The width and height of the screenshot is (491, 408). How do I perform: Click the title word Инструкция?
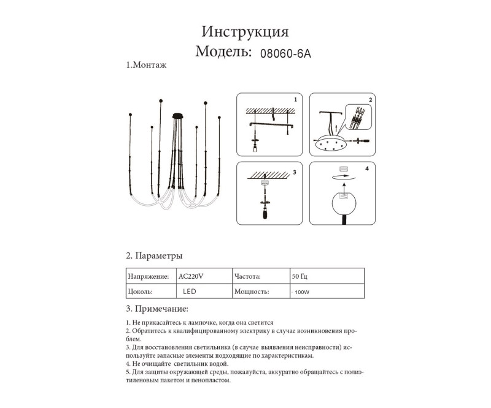pyautogui.click(x=245, y=32)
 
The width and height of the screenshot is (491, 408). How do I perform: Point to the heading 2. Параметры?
pyautogui.click(x=153, y=255)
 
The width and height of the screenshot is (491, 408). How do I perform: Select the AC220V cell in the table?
pyautogui.click(x=190, y=276)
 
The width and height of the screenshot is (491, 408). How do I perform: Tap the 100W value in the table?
pyautogui.click(x=302, y=293)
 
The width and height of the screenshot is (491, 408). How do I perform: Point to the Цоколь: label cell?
pyautogui.click(x=140, y=292)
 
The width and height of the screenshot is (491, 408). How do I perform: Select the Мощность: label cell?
pyautogui.click(x=252, y=292)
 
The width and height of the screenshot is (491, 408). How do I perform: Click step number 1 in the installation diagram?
pyautogui.click(x=295, y=99)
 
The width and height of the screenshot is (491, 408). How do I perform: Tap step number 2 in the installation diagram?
pyautogui.click(x=370, y=99)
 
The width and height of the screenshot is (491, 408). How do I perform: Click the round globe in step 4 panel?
pyautogui.click(x=344, y=203)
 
